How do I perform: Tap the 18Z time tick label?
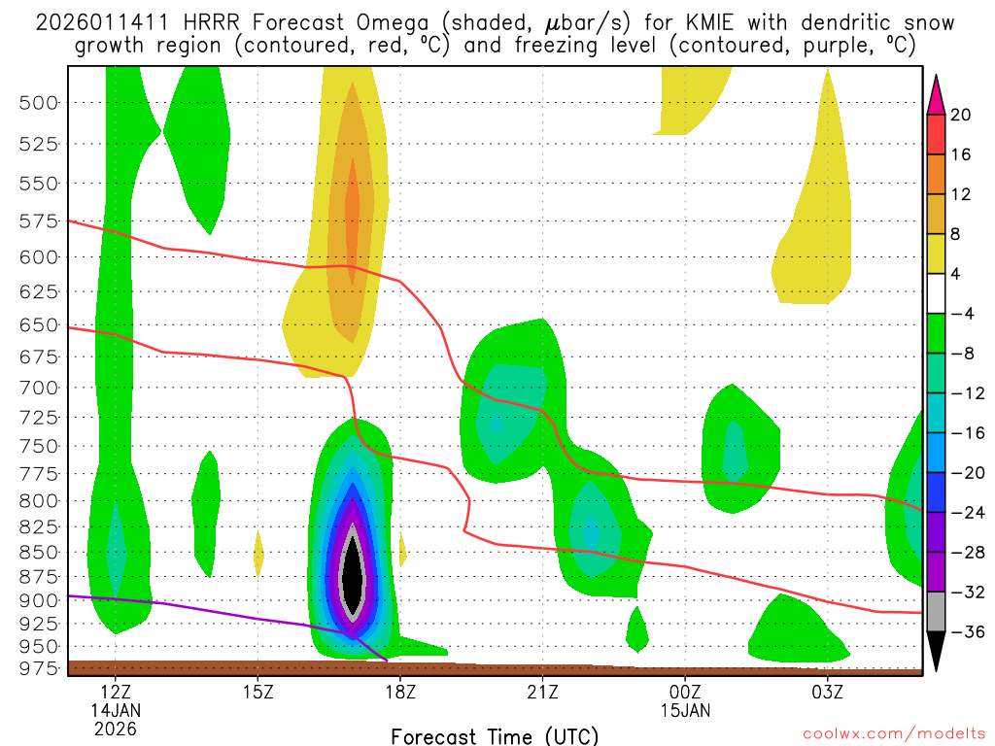click(399, 693)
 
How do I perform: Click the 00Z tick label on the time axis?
click(685, 693)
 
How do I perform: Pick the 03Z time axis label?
click(827, 693)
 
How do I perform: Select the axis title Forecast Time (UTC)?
click(495, 735)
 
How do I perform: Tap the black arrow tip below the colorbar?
click(936, 656)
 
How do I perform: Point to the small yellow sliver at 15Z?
click(258, 554)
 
